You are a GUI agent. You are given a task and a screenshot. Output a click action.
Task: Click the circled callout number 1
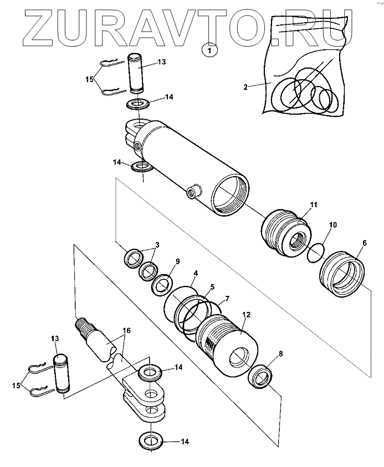[x=209, y=50]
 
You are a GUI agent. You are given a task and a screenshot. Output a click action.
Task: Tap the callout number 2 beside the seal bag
[x=245, y=87]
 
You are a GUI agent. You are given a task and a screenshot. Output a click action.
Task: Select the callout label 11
[x=314, y=204]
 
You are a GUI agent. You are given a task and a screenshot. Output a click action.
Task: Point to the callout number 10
[x=333, y=224]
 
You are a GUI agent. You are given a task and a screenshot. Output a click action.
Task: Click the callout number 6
[x=365, y=243]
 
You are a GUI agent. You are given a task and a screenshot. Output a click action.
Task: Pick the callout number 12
[x=247, y=315]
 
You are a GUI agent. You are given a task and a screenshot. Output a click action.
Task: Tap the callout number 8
[x=280, y=353]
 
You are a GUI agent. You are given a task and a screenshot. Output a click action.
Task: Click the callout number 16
[x=126, y=331]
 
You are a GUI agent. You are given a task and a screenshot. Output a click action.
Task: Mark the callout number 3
[x=157, y=245]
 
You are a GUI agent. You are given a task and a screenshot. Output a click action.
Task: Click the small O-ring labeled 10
[x=315, y=253]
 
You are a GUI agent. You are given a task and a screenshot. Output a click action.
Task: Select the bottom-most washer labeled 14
[x=151, y=439]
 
